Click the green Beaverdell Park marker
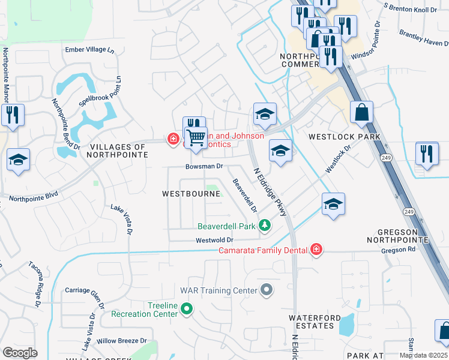264,226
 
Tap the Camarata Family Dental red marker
316,249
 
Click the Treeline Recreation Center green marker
187,309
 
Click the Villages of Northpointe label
118,151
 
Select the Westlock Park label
345,137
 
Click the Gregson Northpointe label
402,236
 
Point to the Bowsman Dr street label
204,166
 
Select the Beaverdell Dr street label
245,196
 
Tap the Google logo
20,353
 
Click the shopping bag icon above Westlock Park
362,113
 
